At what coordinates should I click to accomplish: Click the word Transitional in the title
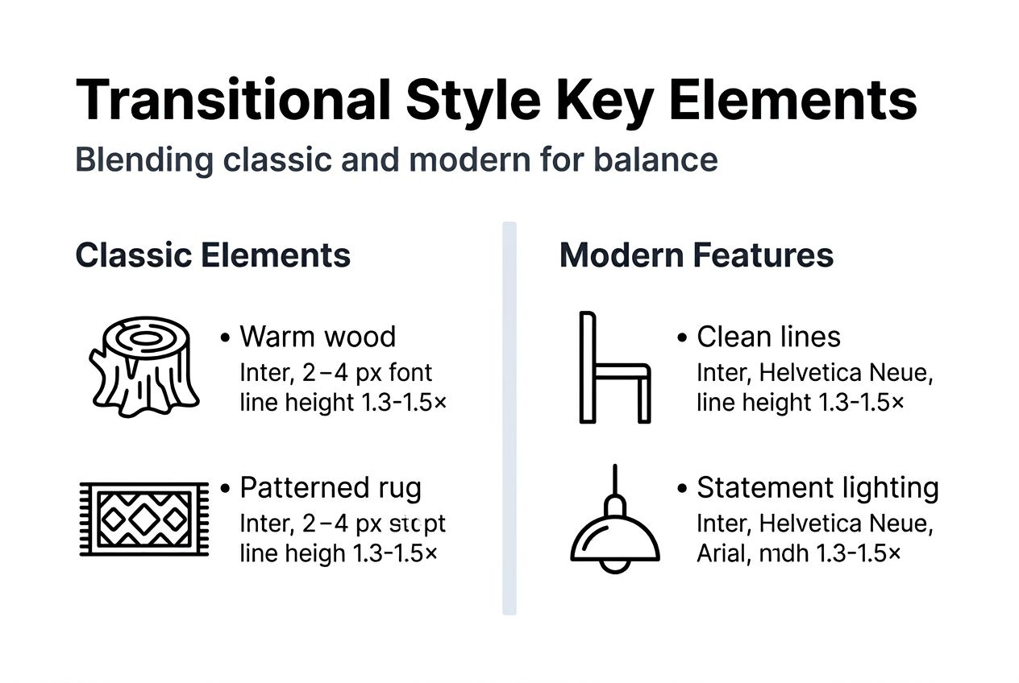pos(232,100)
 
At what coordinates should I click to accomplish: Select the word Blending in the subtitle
pos(144,159)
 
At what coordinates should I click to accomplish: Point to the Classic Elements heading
pos(213,255)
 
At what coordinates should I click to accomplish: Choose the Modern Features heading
pos(697,255)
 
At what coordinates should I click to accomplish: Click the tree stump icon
pos(143,366)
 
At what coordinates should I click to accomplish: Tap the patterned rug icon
pos(143,519)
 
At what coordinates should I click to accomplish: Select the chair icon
pos(613,367)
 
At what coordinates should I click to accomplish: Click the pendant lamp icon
pos(614,536)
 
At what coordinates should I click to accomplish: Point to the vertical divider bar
pos(509,418)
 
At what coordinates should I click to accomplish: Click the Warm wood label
pos(318,337)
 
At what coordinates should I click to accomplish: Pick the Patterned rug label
pos(331,488)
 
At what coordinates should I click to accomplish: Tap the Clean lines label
pos(768,337)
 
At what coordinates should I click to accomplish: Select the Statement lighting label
pos(817,488)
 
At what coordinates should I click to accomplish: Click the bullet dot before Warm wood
pos(226,337)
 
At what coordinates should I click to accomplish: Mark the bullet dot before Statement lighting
pos(682,489)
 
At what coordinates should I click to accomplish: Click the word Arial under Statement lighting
pos(721,554)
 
